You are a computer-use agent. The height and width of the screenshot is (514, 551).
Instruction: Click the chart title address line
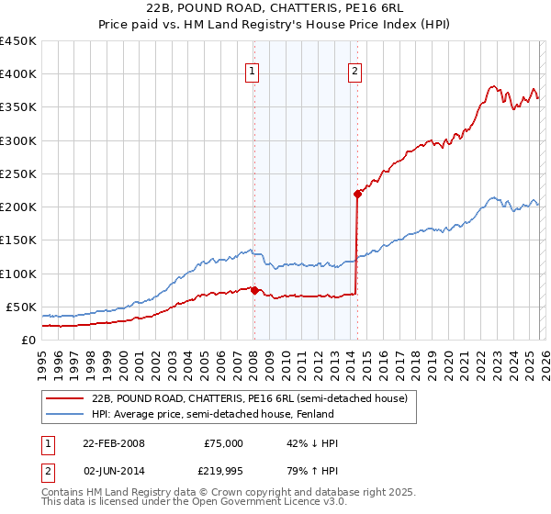click(x=275, y=6)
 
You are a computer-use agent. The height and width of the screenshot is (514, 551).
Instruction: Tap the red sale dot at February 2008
click(x=254, y=290)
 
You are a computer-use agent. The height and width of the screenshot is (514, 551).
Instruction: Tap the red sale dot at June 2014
click(x=357, y=194)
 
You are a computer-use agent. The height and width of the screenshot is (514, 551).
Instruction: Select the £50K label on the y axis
click(x=22, y=307)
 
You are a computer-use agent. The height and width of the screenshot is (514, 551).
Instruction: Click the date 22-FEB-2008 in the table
click(x=113, y=443)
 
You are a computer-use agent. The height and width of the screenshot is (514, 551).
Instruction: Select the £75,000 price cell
click(x=223, y=443)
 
